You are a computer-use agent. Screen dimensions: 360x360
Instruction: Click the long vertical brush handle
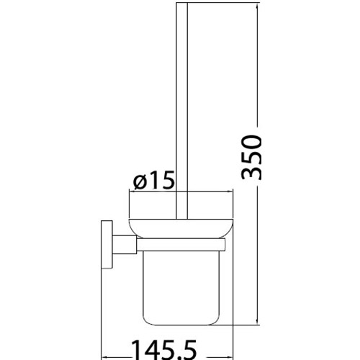(x=180, y=108)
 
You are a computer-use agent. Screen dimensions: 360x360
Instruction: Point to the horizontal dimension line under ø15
(x=180, y=192)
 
